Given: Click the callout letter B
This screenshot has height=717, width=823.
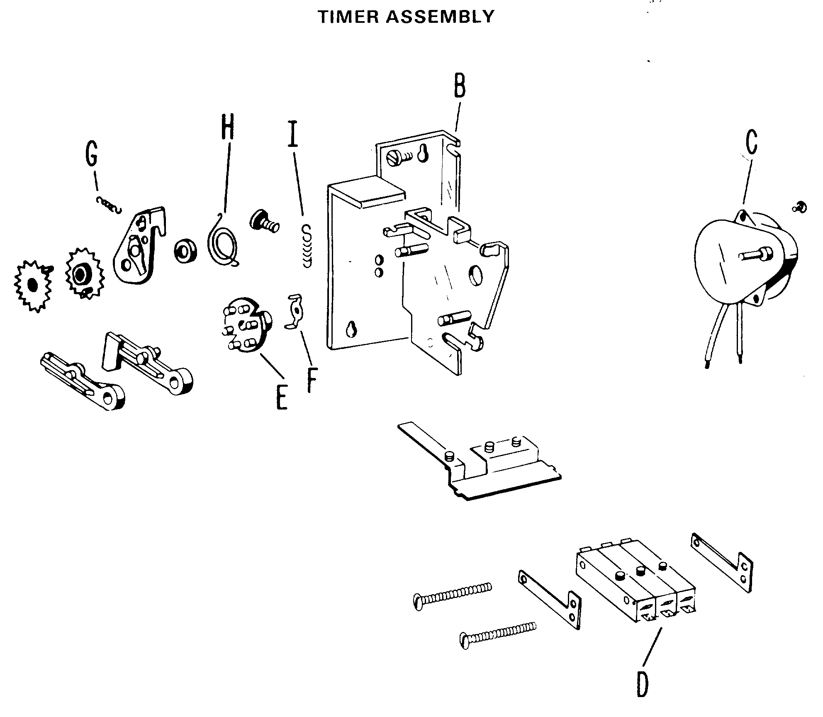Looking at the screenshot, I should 459,86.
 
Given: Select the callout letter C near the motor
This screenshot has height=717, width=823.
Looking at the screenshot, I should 751,142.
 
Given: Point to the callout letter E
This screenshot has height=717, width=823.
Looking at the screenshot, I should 282,397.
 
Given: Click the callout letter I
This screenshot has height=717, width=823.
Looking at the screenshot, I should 293,134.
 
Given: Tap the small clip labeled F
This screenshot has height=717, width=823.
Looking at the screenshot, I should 295,311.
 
